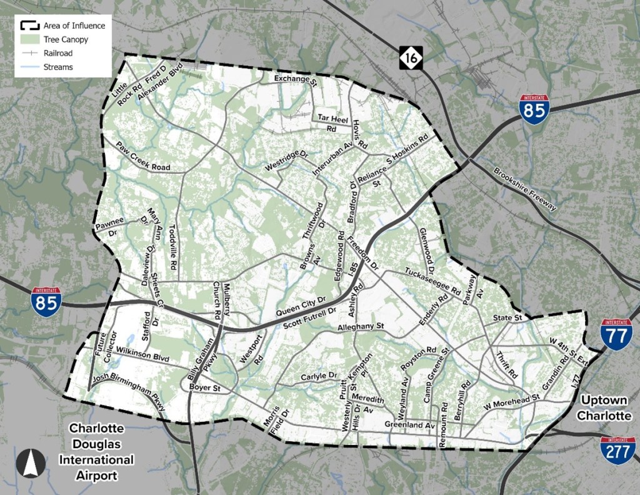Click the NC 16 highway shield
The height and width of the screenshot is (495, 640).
tap(411, 58)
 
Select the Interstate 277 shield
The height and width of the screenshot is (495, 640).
tap(616, 451)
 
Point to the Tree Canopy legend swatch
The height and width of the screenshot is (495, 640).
tap(29, 39)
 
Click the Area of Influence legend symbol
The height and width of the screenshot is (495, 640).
tap(29, 26)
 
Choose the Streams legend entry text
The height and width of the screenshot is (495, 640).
tap(58, 67)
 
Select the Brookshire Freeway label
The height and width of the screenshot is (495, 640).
tap(525, 189)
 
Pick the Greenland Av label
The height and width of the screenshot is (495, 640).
tap(409, 425)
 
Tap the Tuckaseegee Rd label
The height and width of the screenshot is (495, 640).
tap(432, 282)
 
